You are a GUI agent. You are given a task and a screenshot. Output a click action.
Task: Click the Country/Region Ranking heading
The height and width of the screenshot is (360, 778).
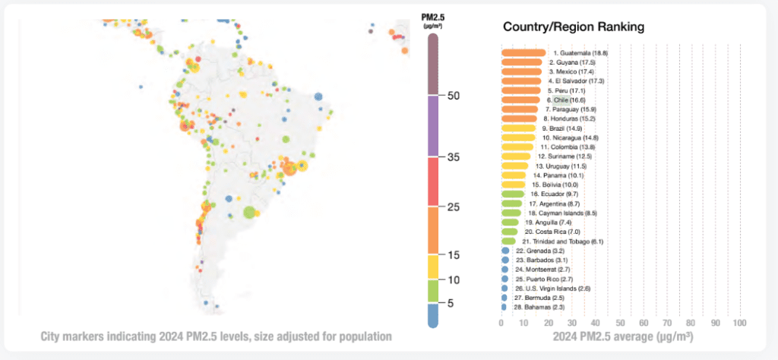574,27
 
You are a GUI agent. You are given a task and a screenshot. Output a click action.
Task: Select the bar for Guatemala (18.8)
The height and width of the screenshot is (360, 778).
523,52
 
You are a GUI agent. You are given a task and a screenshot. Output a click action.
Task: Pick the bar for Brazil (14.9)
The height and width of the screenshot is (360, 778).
519,128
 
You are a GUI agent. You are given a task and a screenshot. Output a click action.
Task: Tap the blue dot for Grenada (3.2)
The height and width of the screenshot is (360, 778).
505,250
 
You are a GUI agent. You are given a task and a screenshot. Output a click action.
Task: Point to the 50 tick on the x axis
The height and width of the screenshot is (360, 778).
620,324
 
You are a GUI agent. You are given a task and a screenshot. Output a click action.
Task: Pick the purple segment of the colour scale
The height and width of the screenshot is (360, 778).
432,125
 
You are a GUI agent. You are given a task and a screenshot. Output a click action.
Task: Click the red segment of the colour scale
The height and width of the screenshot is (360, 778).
432,182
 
